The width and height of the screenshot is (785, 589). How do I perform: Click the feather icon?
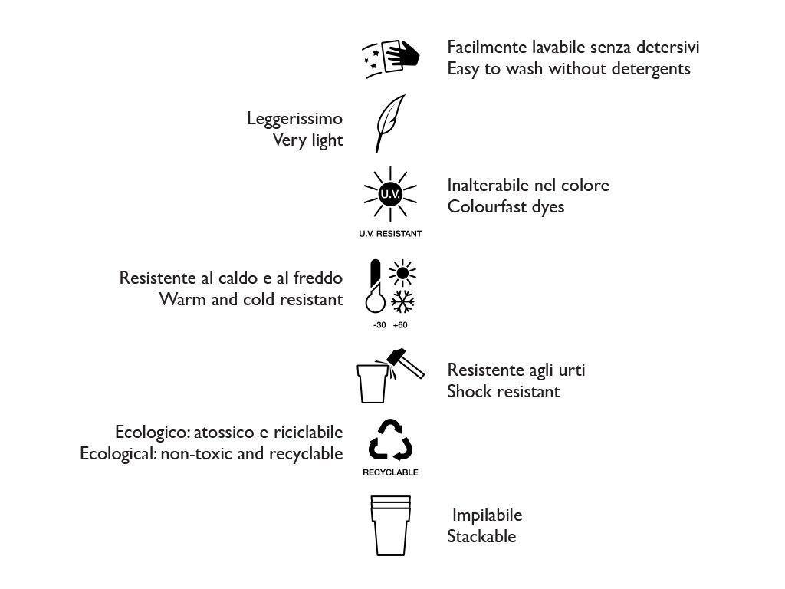tap(389, 123)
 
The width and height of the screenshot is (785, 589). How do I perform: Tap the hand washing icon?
tap(391, 55)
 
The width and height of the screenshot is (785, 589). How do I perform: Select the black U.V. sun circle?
tap(390, 194)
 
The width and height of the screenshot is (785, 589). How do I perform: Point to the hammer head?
tap(398, 356)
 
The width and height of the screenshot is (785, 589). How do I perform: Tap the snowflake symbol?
tap(402, 301)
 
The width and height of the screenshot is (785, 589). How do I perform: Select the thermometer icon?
tap(375, 288)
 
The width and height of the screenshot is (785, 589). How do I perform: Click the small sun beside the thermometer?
tap(402, 272)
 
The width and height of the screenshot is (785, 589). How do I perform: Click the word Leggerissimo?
tap(294, 119)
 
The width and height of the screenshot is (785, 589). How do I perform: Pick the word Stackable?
tap(481, 536)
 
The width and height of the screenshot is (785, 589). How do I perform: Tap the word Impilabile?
tap(487, 515)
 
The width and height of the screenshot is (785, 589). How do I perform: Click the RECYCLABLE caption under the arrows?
tap(390, 472)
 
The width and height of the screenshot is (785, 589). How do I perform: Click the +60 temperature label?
tap(400, 325)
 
